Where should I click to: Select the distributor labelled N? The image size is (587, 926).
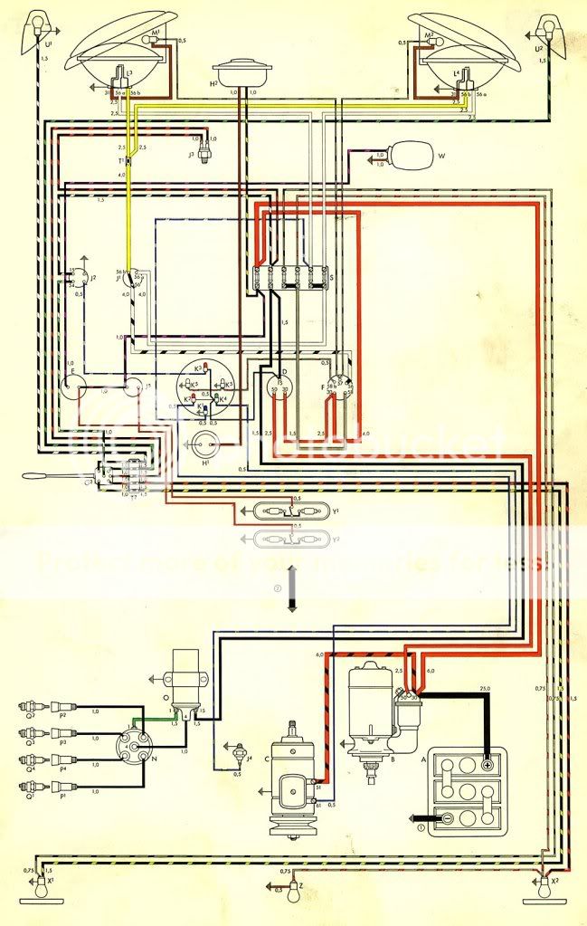pos(130,746)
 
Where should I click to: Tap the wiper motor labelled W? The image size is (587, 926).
pos(412,157)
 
